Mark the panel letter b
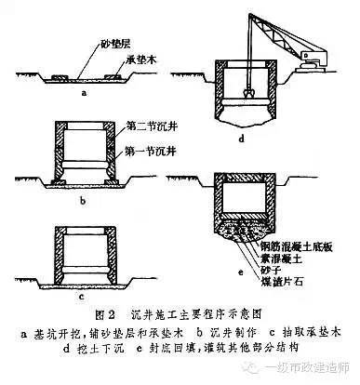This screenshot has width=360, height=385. (82, 198)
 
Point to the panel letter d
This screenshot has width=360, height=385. (240, 138)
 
